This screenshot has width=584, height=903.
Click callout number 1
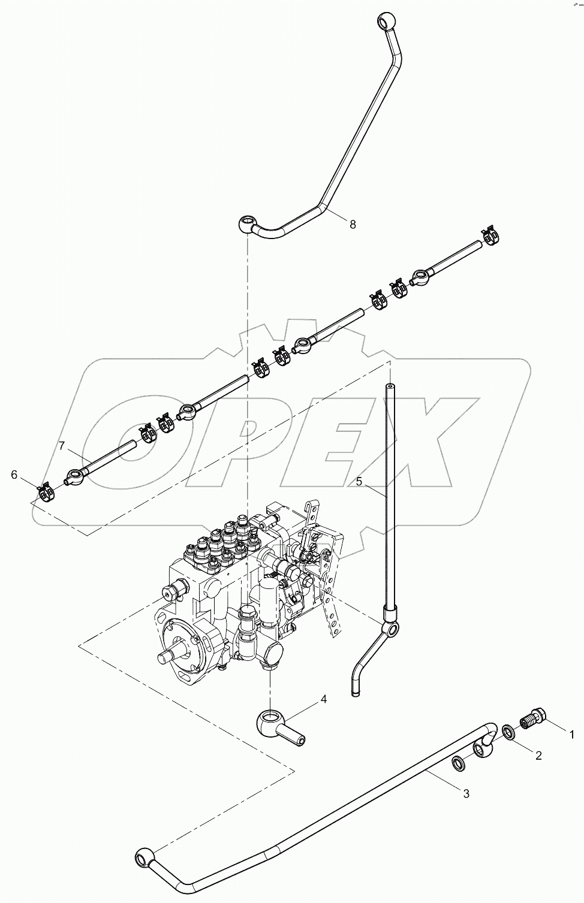(572, 733)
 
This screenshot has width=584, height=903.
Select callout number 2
(538, 756)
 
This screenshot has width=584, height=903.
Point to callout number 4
(324, 699)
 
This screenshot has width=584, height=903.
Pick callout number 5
(359, 481)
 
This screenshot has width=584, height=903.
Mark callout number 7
(61, 446)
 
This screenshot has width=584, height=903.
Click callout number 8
(353, 224)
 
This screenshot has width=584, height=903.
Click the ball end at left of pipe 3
(146, 857)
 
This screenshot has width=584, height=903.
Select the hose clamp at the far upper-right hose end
(491, 235)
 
